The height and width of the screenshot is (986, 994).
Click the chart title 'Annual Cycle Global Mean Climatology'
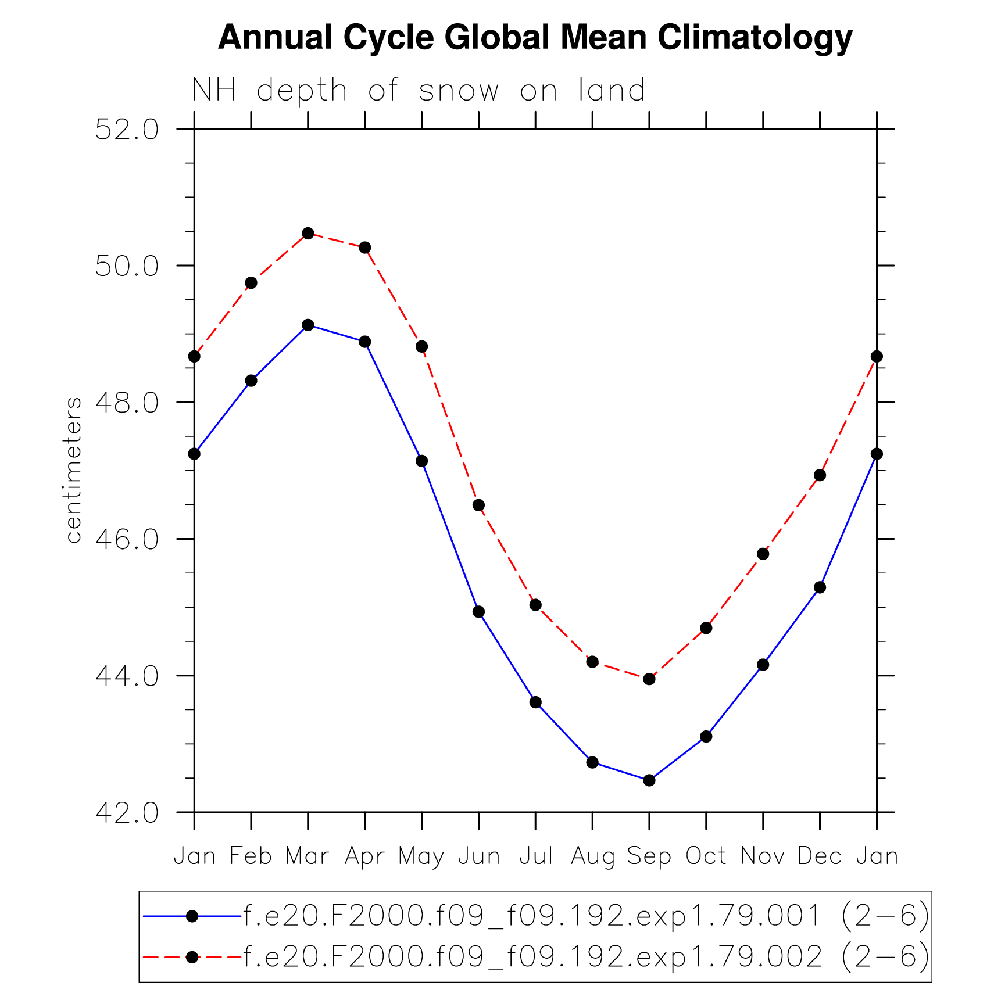point(535,38)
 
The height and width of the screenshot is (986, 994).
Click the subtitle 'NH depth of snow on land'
point(419,91)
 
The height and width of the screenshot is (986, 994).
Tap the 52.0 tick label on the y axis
point(127,130)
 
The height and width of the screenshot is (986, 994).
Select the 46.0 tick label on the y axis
point(127,539)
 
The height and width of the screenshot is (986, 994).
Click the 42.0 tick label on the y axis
point(127,813)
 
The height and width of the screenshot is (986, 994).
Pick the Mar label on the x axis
point(308,856)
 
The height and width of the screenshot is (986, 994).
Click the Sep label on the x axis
point(649,856)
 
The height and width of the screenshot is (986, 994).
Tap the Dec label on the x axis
point(820,856)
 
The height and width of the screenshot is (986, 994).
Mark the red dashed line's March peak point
point(308,234)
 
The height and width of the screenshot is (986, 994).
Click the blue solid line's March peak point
point(308,325)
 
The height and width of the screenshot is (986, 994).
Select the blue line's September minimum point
point(649,780)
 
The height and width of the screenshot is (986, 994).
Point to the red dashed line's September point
point(649,679)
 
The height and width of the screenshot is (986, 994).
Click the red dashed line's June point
point(478,505)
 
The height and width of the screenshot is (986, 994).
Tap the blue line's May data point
point(422,461)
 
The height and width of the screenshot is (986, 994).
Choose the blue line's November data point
point(763,664)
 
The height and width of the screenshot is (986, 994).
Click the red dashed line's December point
point(820,475)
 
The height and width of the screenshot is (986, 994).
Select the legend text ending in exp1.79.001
point(586,916)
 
